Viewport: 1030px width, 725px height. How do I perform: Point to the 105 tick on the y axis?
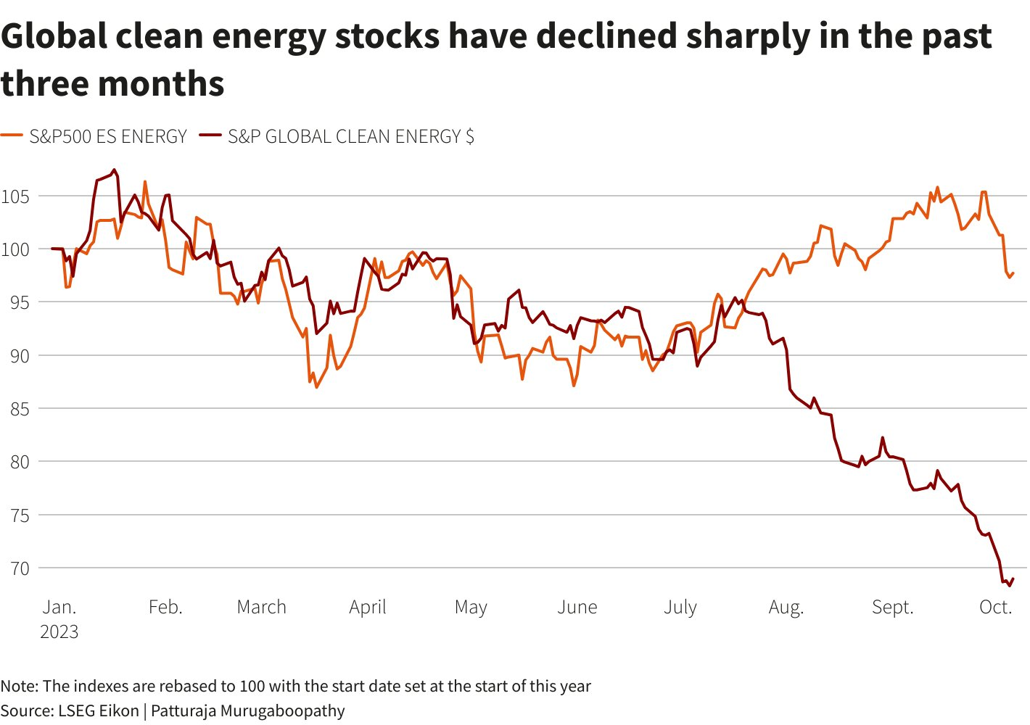tap(15, 196)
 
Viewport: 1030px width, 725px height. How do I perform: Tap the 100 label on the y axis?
tap(15, 249)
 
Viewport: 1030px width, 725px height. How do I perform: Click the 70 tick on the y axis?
tap(20, 568)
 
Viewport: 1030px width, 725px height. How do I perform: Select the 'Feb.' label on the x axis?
tap(165, 607)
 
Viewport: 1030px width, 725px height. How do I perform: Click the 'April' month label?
tap(368, 607)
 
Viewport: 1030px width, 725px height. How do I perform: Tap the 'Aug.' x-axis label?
tap(786, 607)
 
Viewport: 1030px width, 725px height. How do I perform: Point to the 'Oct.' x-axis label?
tap(995, 607)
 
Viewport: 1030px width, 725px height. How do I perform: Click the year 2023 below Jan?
tap(59, 631)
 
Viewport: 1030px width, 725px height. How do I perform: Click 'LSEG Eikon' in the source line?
tap(98, 710)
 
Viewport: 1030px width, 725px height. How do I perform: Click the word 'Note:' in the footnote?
tap(20, 686)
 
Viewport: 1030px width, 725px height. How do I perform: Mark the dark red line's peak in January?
tap(115, 170)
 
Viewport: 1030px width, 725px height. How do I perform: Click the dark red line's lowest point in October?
tap(1009, 586)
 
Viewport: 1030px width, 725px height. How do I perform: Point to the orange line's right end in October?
tap(1013, 273)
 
